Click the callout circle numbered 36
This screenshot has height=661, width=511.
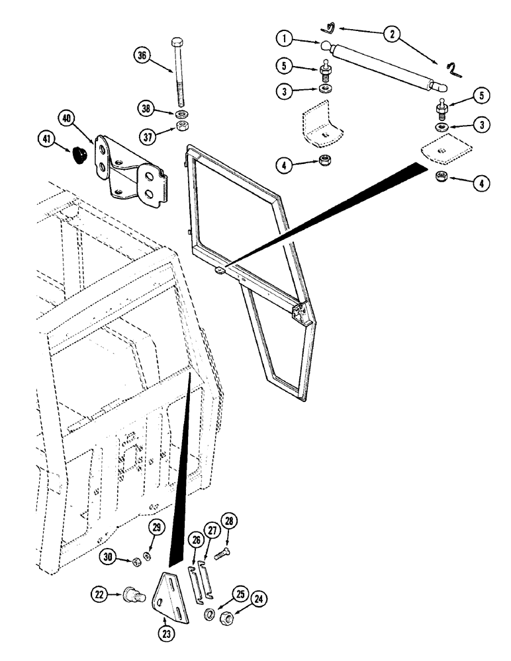coord(141,56)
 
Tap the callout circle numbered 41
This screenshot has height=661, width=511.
coord(46,141)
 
